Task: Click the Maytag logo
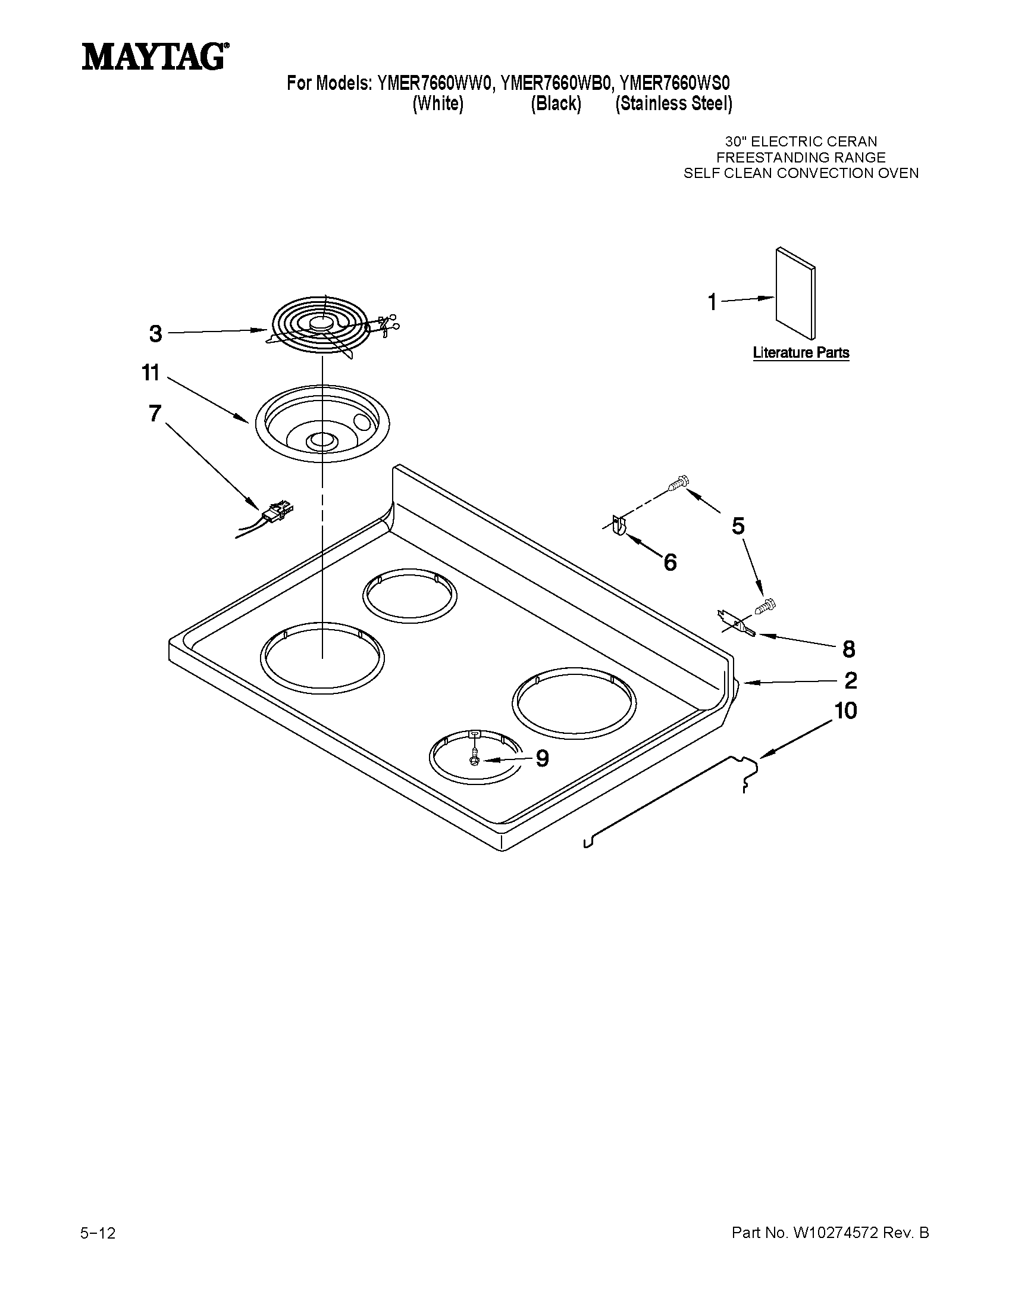point(154,57)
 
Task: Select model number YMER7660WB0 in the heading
point(556,83)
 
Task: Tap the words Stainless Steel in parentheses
point(674,104)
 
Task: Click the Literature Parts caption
point(800,353)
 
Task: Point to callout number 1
point(712,302)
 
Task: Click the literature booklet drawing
point(795,294)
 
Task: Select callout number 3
point(156,333)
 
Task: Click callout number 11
point(151,373)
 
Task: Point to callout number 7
point(155,413)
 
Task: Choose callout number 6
point(670,562)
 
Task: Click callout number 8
point(848,648)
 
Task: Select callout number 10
point(845,711)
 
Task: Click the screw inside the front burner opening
point(475,755)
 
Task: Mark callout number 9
point(541,759)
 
